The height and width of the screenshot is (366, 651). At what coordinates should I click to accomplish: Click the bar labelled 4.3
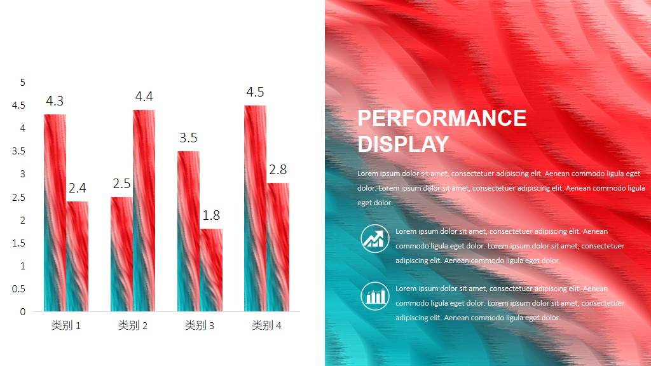click(x=55, y=212)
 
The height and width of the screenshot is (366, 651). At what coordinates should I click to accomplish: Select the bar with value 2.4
click(x=77, y=256)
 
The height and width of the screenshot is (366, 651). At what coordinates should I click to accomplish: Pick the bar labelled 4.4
click(x=144, y=210)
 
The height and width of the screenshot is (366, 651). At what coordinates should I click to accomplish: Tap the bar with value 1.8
click(x=211, y=269)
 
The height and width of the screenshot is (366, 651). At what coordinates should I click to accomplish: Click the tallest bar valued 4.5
click(x=256, y=208)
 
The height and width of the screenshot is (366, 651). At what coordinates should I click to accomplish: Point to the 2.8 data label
click(x=278, y=169)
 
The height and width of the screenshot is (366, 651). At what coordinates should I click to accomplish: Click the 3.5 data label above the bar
click(x=188, y=138)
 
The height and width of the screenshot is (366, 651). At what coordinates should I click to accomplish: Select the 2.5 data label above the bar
click(x=121, y=184)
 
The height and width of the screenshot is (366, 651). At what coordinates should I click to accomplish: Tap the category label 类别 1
click(x=65, y=325)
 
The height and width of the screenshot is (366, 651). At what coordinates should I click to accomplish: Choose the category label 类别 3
click(x=199, y=325)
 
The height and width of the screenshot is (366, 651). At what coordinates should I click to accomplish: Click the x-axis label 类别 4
click(x=266, y=325)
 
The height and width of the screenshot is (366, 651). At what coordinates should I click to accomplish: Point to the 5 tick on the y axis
click(x=23, y=83)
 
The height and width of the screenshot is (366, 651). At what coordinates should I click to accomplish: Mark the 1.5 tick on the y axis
click(x=18, y=243)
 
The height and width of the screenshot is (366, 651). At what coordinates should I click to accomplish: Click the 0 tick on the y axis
click(x=23, y=311)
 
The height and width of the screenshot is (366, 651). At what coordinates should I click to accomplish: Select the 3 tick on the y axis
click(x=23, y=174)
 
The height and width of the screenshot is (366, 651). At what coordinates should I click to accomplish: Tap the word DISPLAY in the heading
click(x=403, y=144)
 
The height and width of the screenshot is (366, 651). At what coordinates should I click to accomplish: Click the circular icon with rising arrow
click(x=375, y=239)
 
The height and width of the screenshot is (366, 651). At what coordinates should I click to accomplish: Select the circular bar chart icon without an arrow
click(x=375, y=296)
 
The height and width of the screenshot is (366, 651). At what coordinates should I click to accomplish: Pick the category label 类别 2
click(x=132, y=325)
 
